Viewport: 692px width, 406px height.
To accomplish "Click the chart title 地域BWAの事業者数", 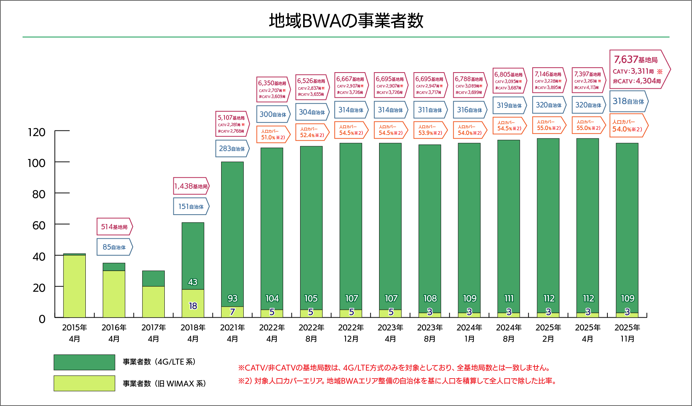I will pyautogui.click(x=346, y=21).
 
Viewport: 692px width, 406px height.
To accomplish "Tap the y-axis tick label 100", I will pyautogui.click(x=36, y=163).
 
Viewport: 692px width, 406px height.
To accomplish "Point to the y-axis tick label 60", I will pyautogui.click(x=39, y=226).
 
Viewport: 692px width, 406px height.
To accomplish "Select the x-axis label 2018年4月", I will pyautogui.click(x=193, y=333).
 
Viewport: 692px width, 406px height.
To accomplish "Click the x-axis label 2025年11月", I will pyautogui.click(x=627, y=333).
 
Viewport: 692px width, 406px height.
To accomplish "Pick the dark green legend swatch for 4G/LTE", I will pyautogui.click(x=84, y=362).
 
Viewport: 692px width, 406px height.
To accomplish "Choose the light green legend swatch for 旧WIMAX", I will pyautogui.click(x=84, y=383).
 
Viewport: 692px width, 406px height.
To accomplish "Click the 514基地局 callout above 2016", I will pyautogui.click(x=114, y=227).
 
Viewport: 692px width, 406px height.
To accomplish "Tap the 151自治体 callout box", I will pyautogui.click(x=191, y=206).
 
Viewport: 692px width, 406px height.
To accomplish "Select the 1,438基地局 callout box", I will pyautogui.click(x=191, y=186).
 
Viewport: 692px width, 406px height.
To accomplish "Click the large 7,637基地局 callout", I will pyautogui.click(x=638, y=70).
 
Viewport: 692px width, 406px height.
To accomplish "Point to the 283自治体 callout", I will pyautogui.click(x=232, y=148).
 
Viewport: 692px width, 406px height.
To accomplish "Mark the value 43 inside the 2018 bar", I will pyautogui.click(x=193, y=282).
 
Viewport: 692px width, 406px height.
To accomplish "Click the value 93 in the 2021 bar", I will pyautogui.click(x=232, y=298).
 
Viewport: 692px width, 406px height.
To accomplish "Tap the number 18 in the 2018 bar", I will pyautogui.click(x=193, y=306).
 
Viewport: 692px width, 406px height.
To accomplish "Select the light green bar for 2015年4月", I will pyautogui.click(x=74, y=286).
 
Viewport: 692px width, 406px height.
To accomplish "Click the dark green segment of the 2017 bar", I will pyautogui.click(x=153, y=279).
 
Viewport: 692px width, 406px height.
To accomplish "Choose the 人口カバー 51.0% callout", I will pyautogui.click(x=273, y=135).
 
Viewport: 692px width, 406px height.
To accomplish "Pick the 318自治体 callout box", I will pyautogui.click(x=628, y=101).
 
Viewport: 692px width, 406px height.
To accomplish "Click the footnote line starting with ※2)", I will pyautogui.click(x=397, y=381).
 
